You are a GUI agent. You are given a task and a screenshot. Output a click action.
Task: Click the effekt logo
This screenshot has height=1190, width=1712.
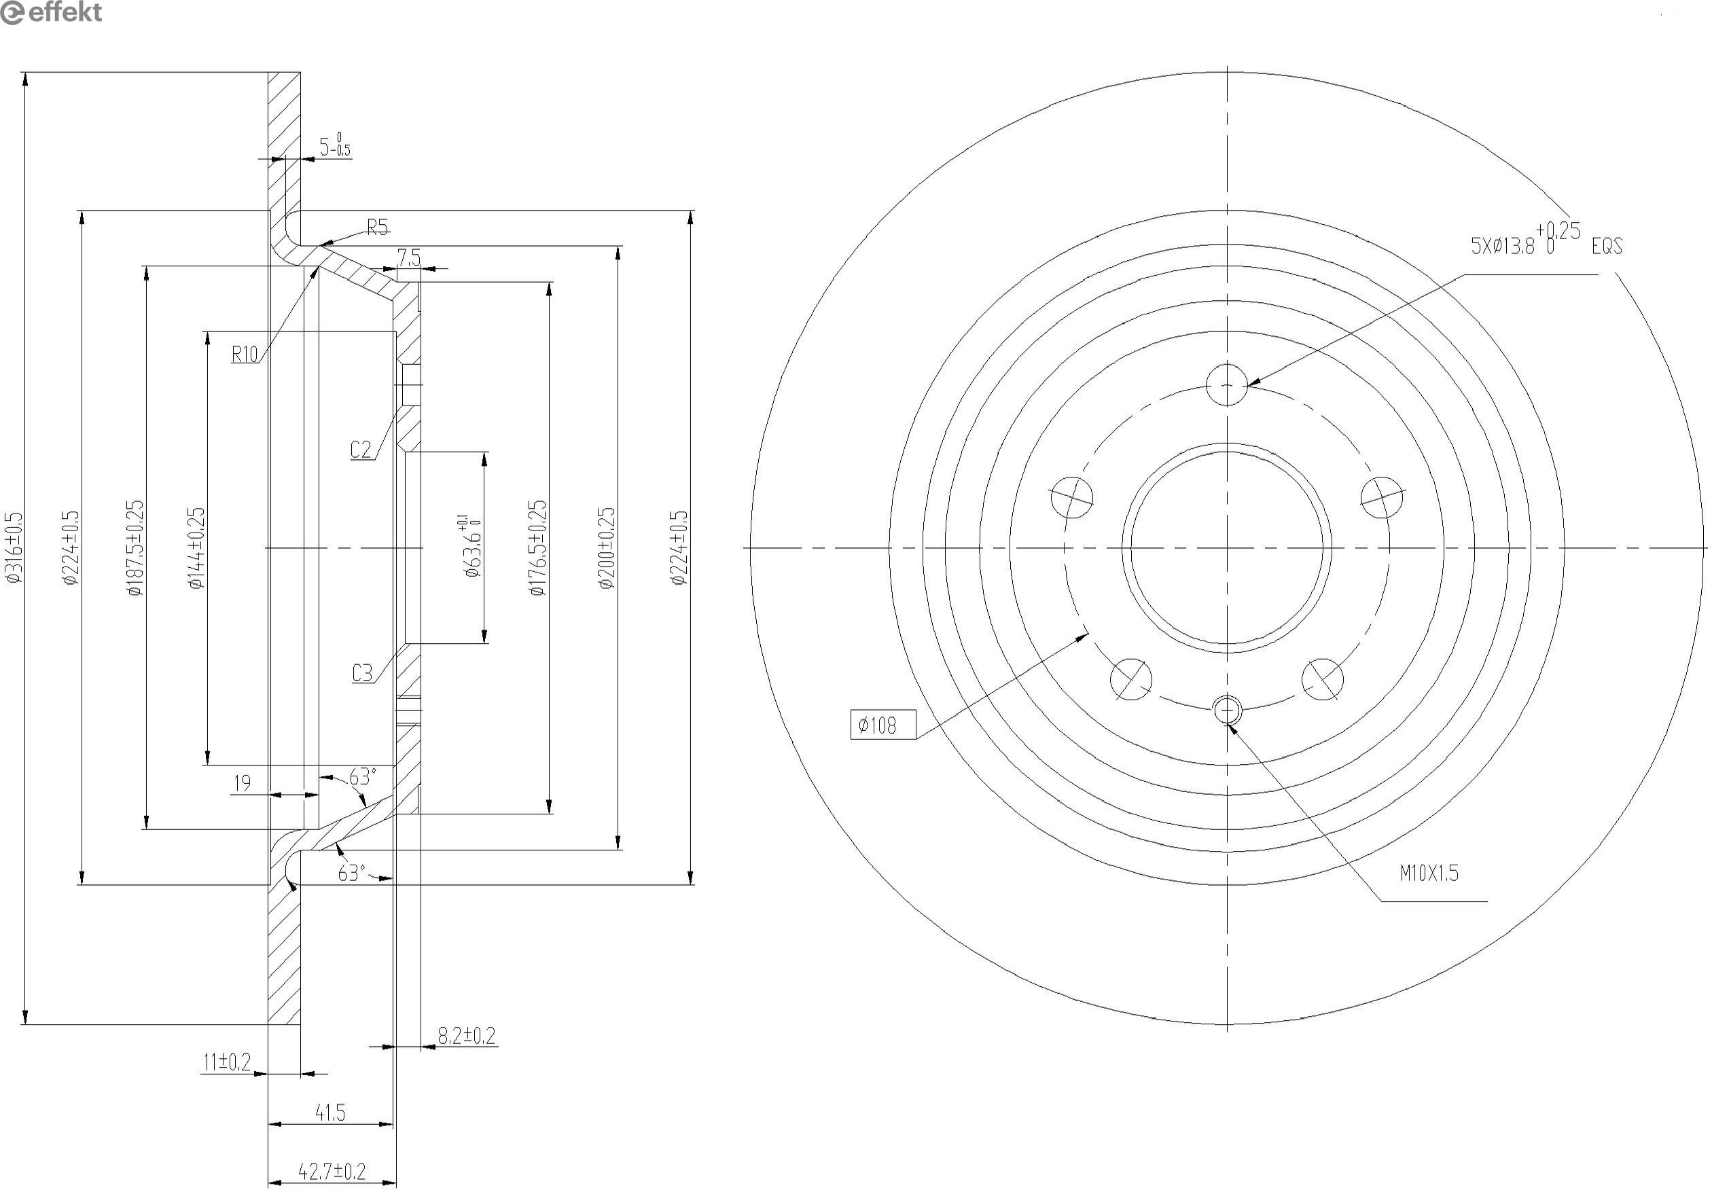(x=51, y=13)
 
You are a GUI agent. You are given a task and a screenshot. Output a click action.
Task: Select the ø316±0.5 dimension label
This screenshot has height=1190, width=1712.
(x=14, y=547)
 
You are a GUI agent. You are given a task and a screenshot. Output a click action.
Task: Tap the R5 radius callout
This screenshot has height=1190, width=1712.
(x=378, y=227)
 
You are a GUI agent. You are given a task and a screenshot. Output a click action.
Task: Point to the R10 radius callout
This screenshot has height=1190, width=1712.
(x=245, y=353)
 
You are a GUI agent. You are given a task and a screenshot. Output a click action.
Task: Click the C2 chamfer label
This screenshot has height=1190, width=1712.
(x=361, y=449)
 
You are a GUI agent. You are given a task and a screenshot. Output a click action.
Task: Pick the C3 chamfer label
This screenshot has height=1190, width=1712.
(x=362, y=673)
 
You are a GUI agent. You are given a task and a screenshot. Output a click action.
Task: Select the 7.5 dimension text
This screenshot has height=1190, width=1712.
(x=410, y=257)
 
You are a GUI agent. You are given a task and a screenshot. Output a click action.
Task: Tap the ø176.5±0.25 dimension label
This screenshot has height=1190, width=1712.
(x=537, y=548)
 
